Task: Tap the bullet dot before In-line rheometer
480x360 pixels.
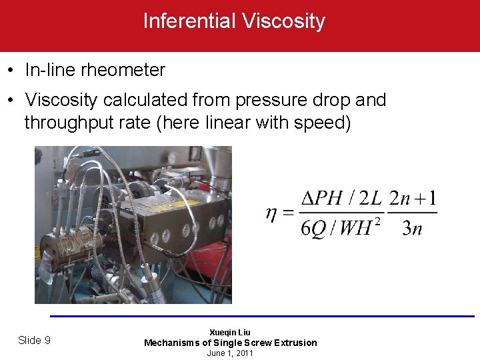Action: coord(12,69)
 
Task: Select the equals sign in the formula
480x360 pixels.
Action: coord(288,213)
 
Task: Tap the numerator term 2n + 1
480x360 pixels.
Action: coord(413,199)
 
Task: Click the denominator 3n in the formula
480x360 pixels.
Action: coord(412,229)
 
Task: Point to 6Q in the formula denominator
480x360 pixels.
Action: coord(313,229)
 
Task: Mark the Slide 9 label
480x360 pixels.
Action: coord(34,340)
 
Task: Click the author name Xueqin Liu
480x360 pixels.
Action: coord(230,332)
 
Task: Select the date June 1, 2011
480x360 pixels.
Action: coord(230,353)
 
